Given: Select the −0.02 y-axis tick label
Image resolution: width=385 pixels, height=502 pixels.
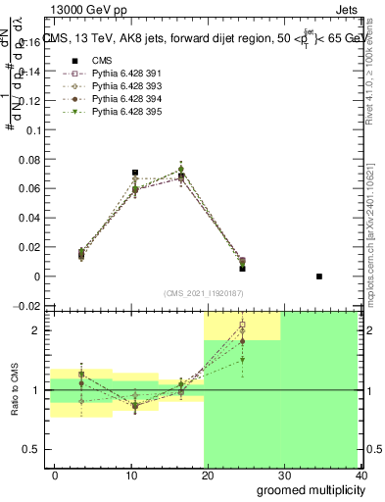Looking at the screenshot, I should pyautogui.click(x=28, y=306).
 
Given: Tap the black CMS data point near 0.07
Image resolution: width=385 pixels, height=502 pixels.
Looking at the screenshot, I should pyautogui.click(x=135, y=173).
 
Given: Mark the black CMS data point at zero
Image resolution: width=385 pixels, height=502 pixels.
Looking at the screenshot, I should pyautogui.click(x=319, y=276).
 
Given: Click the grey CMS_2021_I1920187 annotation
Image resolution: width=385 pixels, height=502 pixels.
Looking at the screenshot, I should pyautogui.click(x=204, y=293).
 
